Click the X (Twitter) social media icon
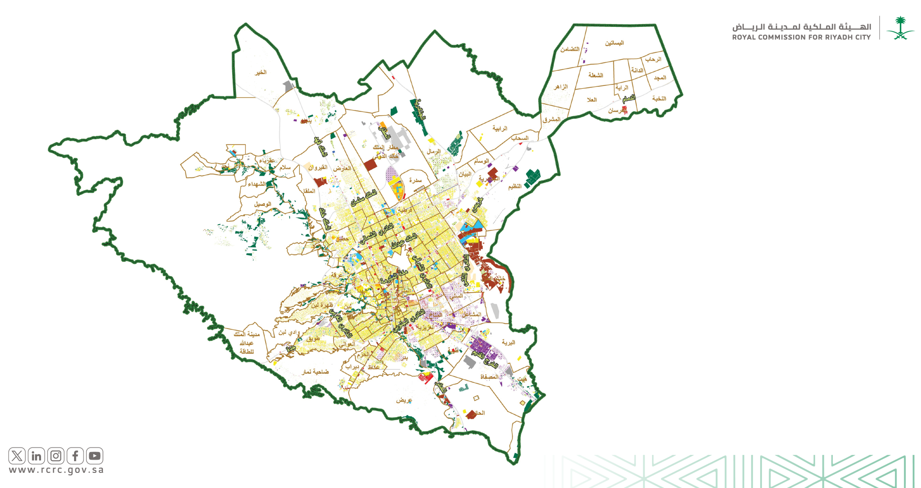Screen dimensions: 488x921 coord(17,456)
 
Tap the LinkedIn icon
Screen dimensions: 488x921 coord(36,456)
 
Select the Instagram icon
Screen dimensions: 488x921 coord(56,456)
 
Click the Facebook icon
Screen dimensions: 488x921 coord(75,456)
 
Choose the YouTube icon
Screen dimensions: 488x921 coord(94,456)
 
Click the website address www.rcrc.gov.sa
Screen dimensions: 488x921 coord(56,470)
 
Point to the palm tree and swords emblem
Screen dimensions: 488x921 coord(900,28)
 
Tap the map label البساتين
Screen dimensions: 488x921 coord(614,43)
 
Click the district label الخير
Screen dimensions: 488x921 coord(260,72)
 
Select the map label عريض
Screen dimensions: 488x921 coord(404,400)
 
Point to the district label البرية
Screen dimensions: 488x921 coord(508,342)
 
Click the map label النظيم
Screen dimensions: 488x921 coord(515,186)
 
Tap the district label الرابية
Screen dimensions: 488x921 coord(500,128)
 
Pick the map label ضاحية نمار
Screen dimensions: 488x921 coord(315,372)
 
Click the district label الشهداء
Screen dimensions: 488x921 coord(257,184)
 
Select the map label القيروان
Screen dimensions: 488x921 coord(318,168)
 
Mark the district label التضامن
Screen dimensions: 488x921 coord(569,49)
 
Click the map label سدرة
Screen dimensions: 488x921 coord(415,180)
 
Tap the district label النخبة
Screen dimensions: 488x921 coord(659,98)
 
